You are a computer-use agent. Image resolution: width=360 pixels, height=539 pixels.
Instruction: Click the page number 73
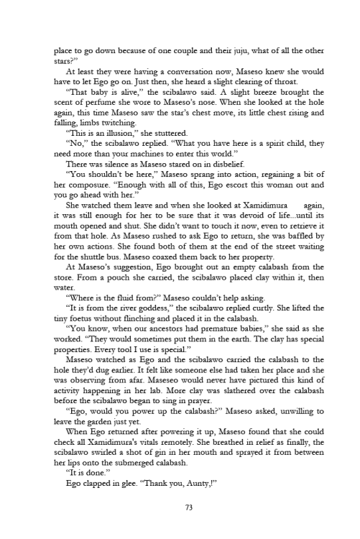point(180,507)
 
